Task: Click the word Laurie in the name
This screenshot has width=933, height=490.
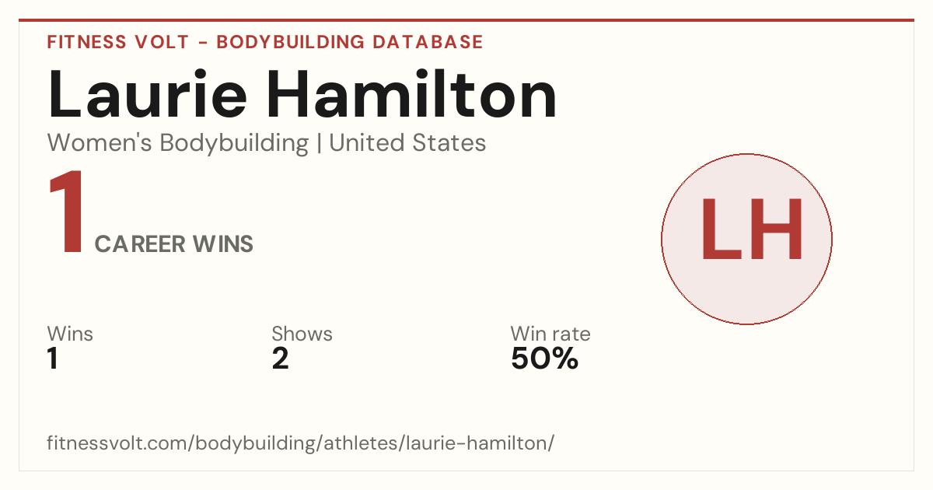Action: click(148, 94)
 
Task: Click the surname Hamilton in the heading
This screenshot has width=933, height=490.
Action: click(411, 94)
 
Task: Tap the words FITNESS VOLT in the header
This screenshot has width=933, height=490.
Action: click(118, 42)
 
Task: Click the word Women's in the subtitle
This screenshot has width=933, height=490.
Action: click(100, 142)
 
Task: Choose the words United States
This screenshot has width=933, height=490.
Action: click(407, 142)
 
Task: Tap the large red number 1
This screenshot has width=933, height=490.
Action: click(67, 212)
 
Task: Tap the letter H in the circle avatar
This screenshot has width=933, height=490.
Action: click(777, 229)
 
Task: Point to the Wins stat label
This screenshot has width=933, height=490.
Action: click(70, 334)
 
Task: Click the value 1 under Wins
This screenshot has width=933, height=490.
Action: click(53, 359)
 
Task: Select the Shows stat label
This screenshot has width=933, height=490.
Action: click(302, 334)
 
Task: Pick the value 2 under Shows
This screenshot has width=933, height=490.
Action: click(281, 359)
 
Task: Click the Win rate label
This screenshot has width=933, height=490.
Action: click(550, 334)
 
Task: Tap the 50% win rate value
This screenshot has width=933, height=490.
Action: click(545, 359)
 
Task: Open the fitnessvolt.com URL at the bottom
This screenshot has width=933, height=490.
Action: click(301, 443)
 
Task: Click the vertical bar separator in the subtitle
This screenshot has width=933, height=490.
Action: click(320, 143)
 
